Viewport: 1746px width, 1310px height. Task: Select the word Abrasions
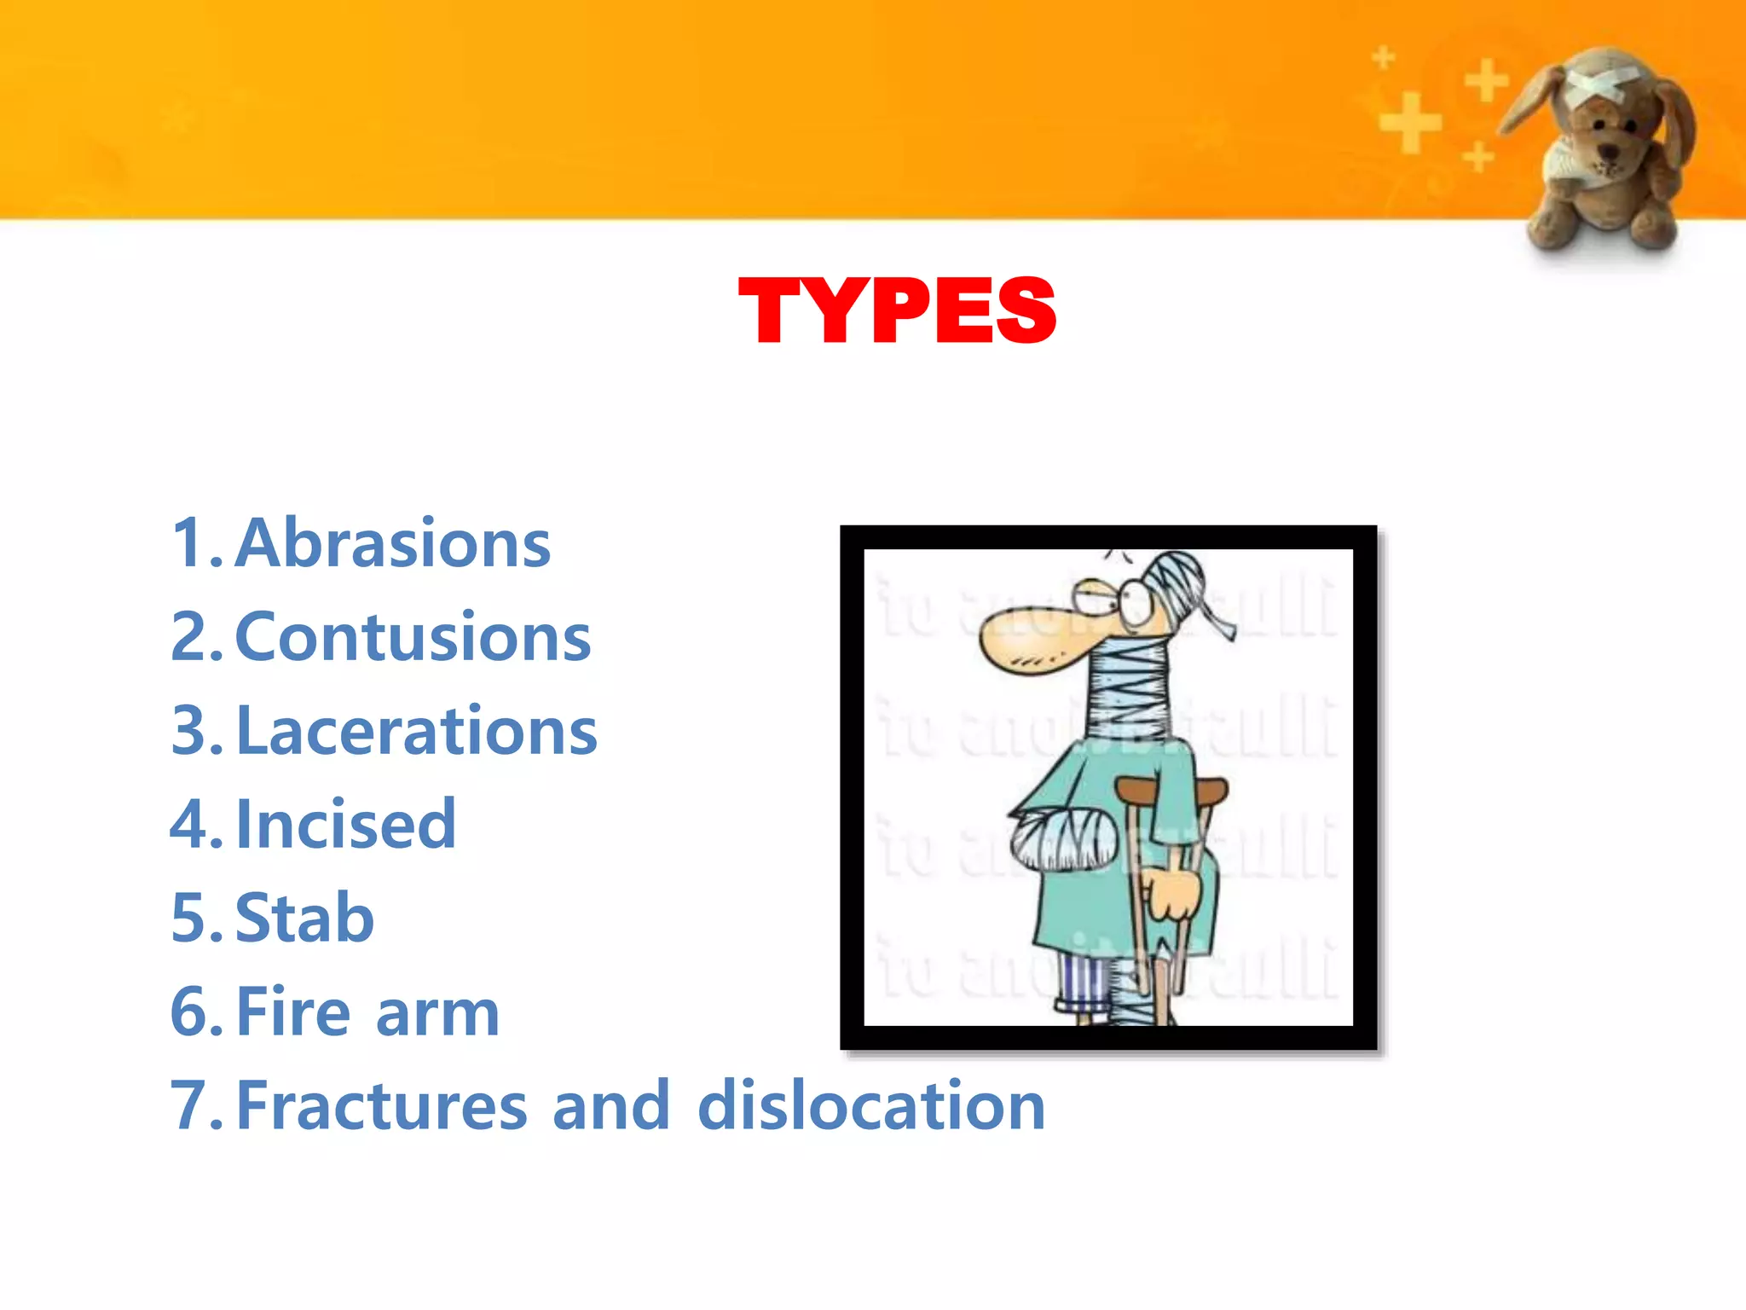tap(393, 544)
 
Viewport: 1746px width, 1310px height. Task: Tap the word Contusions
tap(413, 638)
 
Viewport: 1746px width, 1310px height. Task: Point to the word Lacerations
tap(417, 732)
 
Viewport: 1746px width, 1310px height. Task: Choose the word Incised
tap(346, 825)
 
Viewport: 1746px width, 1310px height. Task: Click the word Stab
tap(304, 919)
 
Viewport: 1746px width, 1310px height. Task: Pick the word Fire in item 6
tap(293, 1012)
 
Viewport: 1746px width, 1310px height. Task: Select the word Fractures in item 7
tap(382, 1106)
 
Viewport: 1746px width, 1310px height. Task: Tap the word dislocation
tap(870, 1106)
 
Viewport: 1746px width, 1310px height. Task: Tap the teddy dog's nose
tap(1608, 152)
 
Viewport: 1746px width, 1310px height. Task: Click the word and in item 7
tap(610, 1106)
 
